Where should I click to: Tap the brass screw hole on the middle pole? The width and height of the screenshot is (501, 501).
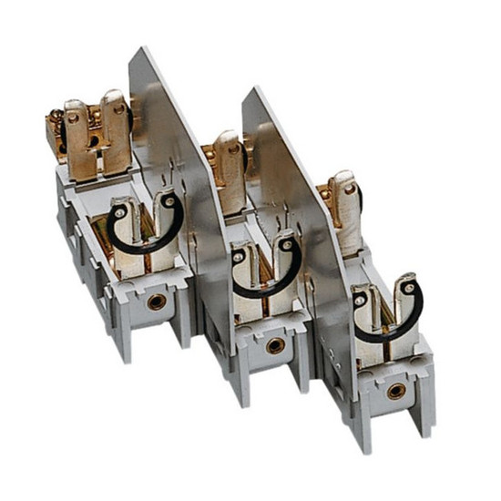pos(273,345)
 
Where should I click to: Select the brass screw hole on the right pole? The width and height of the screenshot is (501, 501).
pos(394,391)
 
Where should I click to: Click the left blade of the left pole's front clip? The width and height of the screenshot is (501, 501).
pos(128,232)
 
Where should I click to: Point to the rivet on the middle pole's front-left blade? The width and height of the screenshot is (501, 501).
pos(239,258)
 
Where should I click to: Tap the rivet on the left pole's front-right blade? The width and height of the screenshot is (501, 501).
pos(166,201)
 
